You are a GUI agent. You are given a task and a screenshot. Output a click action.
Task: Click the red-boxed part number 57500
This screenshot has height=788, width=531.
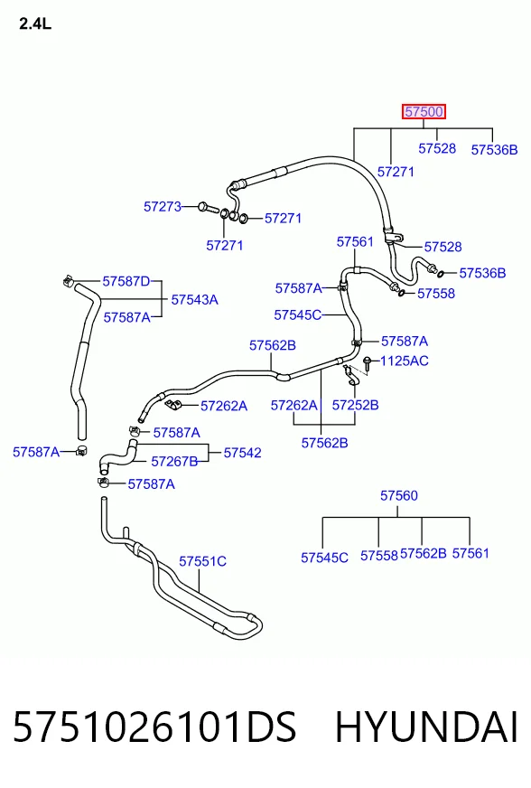(x=424, y=111)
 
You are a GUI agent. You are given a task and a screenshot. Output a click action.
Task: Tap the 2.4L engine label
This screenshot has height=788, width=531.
(x=35, y=23)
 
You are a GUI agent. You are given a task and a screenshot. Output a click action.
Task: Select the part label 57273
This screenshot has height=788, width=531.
(x=163, y=207)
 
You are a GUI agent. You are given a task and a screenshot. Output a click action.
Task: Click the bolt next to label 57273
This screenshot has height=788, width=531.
(x=207, y=207)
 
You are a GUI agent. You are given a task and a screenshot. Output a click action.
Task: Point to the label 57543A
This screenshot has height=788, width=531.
(x=194, y=299)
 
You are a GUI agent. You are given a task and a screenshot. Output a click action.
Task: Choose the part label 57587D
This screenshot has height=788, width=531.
(x=126, y=281)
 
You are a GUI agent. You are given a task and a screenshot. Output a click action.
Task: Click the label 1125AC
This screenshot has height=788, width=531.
(x=405, y=361)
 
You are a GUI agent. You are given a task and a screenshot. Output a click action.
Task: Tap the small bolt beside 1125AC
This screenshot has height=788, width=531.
(x=368, y=364)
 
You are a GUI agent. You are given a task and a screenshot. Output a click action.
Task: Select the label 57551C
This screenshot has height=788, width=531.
(x=202, y=561)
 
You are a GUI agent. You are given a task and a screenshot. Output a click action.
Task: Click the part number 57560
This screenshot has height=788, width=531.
(x=399, y=495)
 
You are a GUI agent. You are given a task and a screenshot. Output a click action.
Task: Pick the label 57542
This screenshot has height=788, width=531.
(x=243, y=453)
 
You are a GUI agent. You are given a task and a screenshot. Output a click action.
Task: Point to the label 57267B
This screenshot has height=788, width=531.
(x=174, y=462)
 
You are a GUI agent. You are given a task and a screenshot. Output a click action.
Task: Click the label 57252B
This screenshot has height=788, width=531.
(x=355, y=405)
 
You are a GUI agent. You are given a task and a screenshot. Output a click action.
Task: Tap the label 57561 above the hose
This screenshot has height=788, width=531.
(x=355, y=241)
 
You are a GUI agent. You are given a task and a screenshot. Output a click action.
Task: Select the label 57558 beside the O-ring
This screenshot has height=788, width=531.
(x=436, y=294)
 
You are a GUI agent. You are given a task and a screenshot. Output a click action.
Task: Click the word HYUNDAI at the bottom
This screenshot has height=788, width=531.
(x=426, y=727)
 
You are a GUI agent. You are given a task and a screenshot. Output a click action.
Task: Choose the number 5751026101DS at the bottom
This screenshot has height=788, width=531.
(x=154, y=727)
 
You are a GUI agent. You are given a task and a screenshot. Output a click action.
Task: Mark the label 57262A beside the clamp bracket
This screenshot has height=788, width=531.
(x=224, y=406)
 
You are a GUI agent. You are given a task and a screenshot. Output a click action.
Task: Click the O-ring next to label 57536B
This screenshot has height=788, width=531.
(x=441, y=274)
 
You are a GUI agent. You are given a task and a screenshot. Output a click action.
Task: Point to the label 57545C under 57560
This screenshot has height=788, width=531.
(x=324, y=558)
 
